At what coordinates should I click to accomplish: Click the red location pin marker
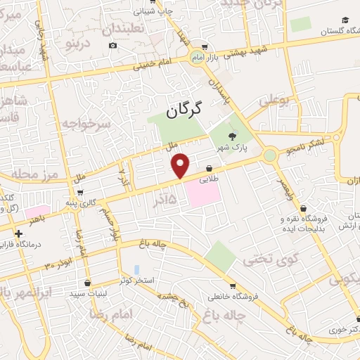181,165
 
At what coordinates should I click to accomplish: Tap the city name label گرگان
185,110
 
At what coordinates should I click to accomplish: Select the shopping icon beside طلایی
210,167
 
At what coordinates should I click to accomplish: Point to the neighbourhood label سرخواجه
86,125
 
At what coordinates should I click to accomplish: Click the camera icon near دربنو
113,46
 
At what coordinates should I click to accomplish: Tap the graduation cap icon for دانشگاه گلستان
345,20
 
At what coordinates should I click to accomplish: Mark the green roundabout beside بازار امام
195,56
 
